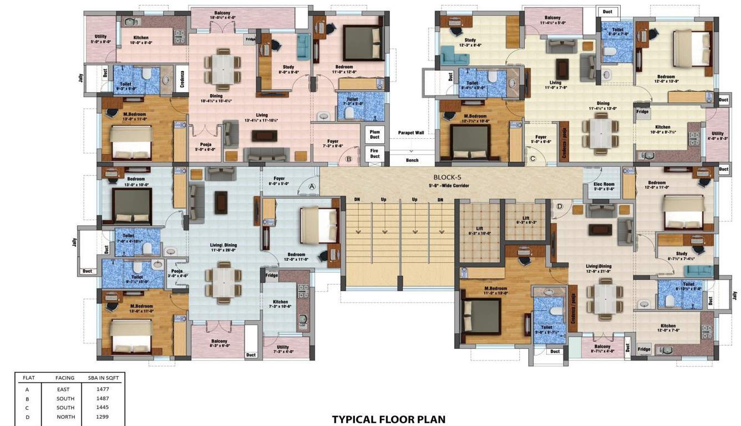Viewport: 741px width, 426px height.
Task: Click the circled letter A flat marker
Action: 312,187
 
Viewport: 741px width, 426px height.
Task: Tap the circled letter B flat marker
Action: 349,159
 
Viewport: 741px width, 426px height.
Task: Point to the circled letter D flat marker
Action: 559,206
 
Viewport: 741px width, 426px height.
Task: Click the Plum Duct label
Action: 375,134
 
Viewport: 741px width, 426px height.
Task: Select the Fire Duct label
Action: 375,153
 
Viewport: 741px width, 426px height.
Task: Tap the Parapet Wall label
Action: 411,133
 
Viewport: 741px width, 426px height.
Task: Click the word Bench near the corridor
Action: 412,160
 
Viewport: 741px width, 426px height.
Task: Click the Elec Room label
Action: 604,186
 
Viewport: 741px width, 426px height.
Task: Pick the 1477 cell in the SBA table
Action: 103,389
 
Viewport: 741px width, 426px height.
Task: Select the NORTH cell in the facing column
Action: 65,417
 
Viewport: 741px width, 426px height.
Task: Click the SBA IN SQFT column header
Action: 103,378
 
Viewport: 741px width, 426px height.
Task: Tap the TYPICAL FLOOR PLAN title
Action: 388,419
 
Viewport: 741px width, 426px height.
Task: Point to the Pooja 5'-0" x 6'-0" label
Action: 205,147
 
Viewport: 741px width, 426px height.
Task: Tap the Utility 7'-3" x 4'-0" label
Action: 282,349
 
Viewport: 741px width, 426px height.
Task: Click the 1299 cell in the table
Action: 103,417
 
